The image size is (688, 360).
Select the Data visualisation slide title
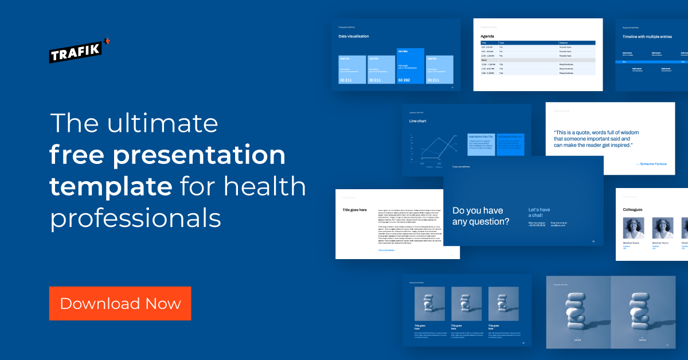coord(354,36)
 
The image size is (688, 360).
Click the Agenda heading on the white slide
coord(487,36)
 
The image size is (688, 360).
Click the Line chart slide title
coord(417,121)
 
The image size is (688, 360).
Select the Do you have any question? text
coord(480,216)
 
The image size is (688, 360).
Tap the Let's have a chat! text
coord(540,213)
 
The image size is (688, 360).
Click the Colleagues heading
coord(633,210)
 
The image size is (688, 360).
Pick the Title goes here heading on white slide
coord(354,210)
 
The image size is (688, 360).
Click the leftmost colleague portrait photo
coord(634,228)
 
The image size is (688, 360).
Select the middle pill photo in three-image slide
coord(466,303)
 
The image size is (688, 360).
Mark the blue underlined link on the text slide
coord(386,250)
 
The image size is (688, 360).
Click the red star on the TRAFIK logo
coord(107,41)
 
